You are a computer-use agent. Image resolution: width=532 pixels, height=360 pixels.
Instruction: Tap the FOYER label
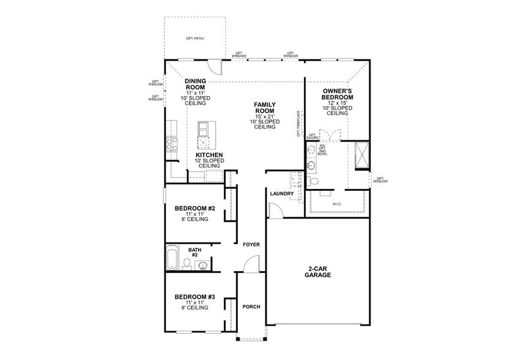pyautogui.click(x=251, y=245)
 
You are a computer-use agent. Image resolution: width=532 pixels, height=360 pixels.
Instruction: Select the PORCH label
pyautogui.click(x=251, y=307)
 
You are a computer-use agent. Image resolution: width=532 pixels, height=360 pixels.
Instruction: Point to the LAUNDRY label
pyautogui.click(x=282, y=194)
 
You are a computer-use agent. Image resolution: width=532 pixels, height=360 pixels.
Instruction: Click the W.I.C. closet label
pyautogui.click(x=336, y=205)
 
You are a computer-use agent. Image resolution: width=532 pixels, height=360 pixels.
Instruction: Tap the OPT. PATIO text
pyautogui.click(x=195, y=38)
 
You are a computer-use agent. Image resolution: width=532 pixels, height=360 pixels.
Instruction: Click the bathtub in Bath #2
pyautogui.click(x=172, y=257)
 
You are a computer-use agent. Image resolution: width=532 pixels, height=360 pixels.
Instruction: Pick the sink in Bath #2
pyautogui.click(x=204, y=265)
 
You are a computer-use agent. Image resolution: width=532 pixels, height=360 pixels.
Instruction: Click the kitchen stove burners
pyautogui.click(x=171, y=143)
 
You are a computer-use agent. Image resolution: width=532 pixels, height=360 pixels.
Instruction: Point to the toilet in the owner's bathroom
pyautogui.click(x=313, y=181)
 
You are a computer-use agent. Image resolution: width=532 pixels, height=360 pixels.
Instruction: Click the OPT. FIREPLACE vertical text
pyautogui.click(x=298, y=124)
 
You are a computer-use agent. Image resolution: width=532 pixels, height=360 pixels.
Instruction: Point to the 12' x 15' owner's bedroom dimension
pyautogui.click(x=337, y=103)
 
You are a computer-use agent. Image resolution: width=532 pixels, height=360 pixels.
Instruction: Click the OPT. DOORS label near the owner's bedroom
pyautogui.click(x=313, y=136)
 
